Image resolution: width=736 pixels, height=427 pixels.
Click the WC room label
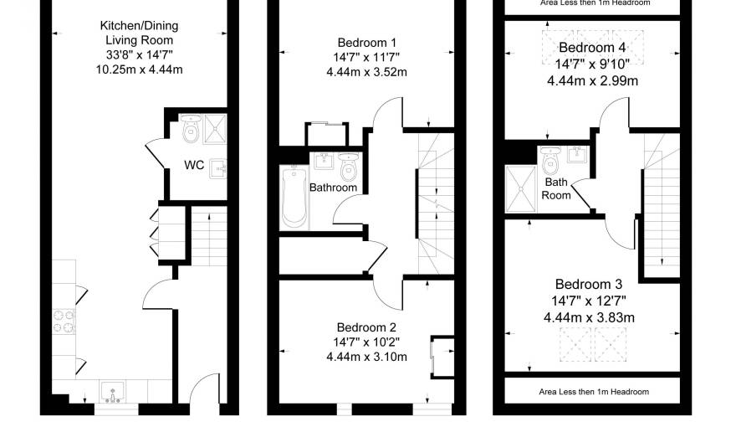pos(194,165)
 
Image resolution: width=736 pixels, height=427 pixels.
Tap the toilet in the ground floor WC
pos(191,128)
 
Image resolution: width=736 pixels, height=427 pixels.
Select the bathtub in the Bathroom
pos(294,197)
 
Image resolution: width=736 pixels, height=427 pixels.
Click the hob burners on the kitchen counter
pos(64,322)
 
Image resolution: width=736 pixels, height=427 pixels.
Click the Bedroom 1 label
pos(367,43)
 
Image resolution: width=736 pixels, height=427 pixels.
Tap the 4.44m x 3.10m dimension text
pos(367,357)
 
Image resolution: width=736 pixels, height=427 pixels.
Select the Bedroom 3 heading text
pos(589,284)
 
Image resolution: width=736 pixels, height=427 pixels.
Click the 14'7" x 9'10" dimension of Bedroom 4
pos(592,64)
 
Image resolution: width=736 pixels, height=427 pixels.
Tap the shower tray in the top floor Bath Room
pos(520,189)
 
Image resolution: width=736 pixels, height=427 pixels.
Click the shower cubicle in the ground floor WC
pos(215,129)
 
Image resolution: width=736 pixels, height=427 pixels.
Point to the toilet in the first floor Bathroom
pos(348,167)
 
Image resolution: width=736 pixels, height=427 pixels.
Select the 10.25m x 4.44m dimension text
pos(140,69)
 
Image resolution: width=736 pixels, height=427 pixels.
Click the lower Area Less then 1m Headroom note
pos(594,392)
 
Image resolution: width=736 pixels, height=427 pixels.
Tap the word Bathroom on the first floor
pos(333,188)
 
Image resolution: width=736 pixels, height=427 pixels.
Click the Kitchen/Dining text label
pos(140,26)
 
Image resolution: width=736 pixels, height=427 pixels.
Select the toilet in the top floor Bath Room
pos(550,161)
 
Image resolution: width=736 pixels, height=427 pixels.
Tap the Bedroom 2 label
pos(366,327)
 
